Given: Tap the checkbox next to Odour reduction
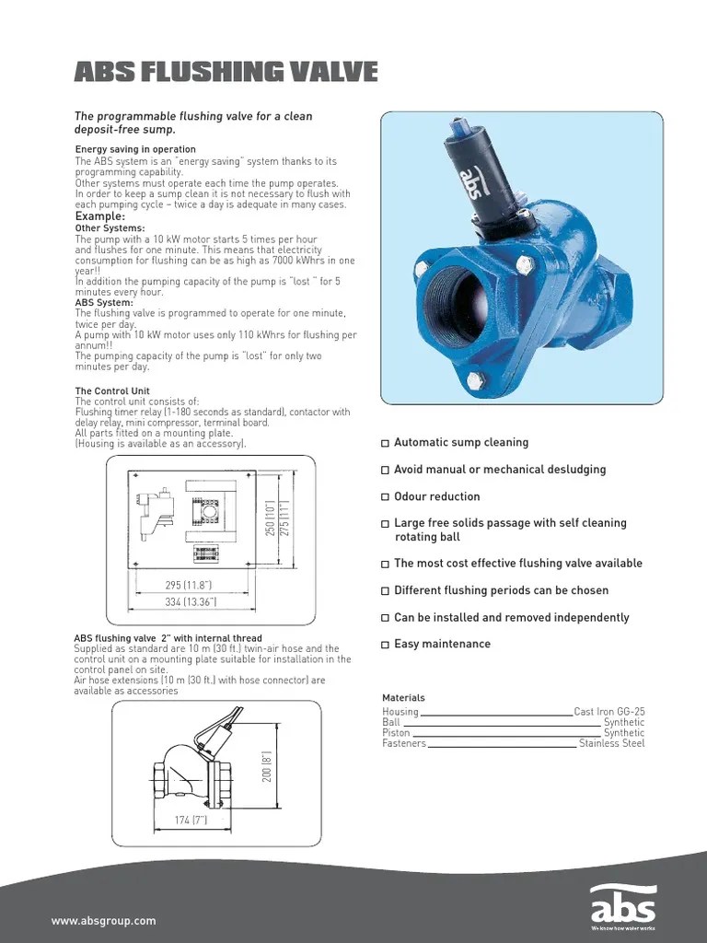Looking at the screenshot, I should (x=386, y=497).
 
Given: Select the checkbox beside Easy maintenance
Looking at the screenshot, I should (x=386, y=645).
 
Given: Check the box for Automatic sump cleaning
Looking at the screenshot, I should (x=386, y=444).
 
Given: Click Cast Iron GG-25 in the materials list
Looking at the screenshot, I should (x=609, y=712).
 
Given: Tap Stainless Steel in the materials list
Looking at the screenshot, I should (x=612, y=743).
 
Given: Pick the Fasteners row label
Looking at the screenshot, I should (x=404, y=743).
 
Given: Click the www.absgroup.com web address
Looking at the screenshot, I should (x=104, y=921).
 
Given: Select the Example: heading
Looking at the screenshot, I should (x=99, y=216).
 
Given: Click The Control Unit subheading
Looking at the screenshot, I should (x=111, y=391).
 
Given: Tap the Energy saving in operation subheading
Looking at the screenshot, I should (x=134, y=149).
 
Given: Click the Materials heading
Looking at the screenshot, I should (x=403, y=698).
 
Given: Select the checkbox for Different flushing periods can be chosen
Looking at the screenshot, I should (x=386, y=591).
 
